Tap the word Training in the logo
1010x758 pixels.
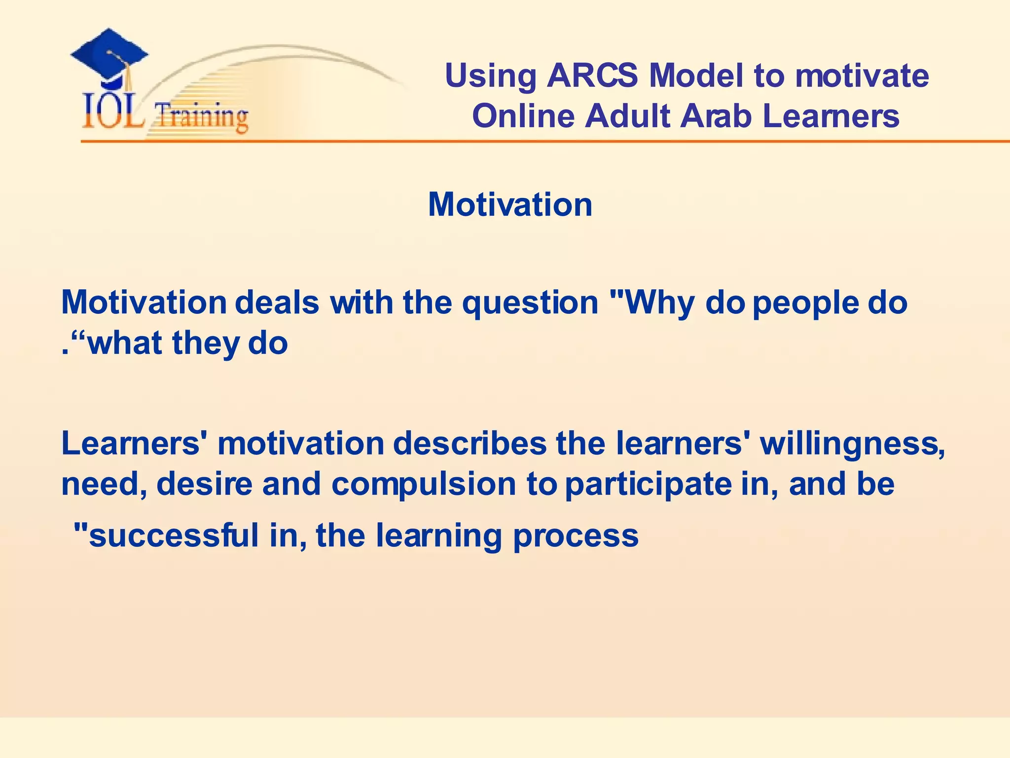pyautogui.click(x=201, y=117)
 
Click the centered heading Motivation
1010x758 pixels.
pyautogui.click(x=510, y=204)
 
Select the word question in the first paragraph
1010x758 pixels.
pyautogui.click(x=530, y=303)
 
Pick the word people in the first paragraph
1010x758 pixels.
pyautogui.click(x=805, y=303)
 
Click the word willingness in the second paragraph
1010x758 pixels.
pyautogui.click(x=852, y=444)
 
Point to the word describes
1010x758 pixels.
pyautogui.click(x=469, y=443)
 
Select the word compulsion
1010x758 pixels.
pyautogui.click(x=424, y=485)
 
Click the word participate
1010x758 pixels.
pyautogui.click(x=648, y=485)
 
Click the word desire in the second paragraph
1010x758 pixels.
pyautogui.click(x=204, y=484)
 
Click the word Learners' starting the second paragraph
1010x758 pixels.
pyautogui.click(x=134, y=443)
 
